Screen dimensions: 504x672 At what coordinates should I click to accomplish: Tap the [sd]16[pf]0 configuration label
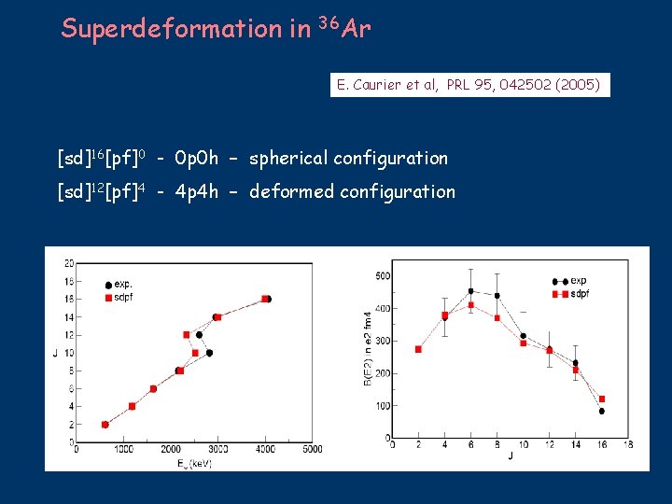pyautogui.click(x=99, y=158)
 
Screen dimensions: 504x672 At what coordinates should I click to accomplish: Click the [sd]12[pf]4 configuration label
pyautogui.click(x=99, y=191)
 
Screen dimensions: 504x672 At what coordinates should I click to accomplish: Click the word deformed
pyautogui.click(x=289, y=191)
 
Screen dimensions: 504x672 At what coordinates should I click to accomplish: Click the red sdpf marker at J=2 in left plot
pyautogui.click(x=105, y=425)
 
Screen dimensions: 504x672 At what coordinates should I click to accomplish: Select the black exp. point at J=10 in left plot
pyautogui.click(x=209, y=353)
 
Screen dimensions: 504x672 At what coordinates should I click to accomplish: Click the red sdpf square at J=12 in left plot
pyautogui.click(x=187, y=334)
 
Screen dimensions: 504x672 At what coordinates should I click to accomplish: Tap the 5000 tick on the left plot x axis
pyautogui.click(x=312, y=450)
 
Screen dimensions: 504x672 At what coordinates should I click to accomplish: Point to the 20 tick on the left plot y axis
pyautogui.click(x=69, y=263)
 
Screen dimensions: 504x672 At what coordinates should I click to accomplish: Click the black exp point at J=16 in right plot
pyautogui.click(x=602, y=411)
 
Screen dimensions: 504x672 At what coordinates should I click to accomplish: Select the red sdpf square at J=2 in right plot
pyautogui.click(x=418, y=349)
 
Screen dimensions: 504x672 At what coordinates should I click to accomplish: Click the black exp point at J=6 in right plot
pyautogui.click(x=470, y=291)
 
